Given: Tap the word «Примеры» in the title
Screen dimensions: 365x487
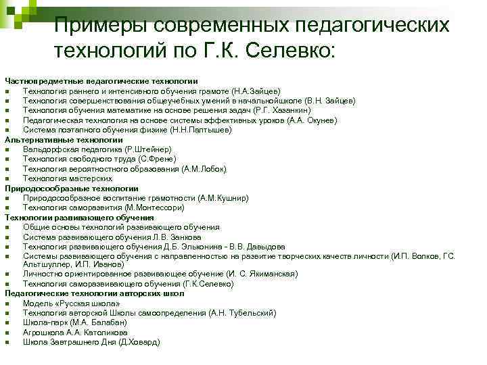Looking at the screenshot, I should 101,25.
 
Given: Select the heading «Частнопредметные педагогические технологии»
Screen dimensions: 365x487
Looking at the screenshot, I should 101,80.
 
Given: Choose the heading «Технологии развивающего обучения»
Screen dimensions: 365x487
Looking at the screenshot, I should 79,218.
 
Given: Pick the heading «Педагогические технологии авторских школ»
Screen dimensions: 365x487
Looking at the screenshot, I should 94,294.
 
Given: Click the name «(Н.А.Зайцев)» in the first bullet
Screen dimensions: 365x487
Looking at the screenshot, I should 256,91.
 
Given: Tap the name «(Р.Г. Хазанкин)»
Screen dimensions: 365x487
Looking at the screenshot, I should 281,110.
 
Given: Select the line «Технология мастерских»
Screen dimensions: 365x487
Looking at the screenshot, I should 67,178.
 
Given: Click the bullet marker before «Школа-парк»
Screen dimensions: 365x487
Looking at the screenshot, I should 7,323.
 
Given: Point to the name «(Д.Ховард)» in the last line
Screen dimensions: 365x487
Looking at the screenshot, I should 139,343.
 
